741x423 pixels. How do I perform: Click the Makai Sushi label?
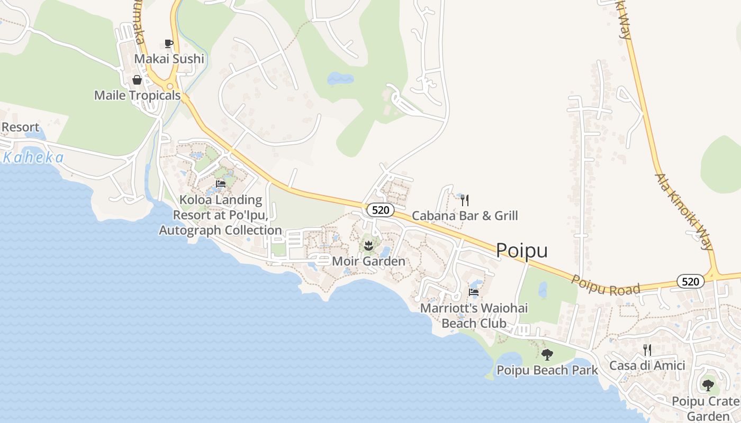point(169,59)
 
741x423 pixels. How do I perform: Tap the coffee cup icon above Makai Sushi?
point(169,43)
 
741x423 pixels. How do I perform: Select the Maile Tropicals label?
point(137,96)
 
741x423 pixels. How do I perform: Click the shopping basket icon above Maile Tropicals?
point(137,80)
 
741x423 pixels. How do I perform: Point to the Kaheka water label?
point(33,158)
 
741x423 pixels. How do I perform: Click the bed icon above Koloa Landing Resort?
point(221,184)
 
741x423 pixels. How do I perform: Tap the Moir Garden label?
point(368,261)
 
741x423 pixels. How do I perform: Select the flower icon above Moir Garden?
point(368,245)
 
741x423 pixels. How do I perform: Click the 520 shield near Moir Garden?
point(380,210)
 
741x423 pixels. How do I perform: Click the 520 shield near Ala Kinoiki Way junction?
point(690,281)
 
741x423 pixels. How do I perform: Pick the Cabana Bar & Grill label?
point(465,216)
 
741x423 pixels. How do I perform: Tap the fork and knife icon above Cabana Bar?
point(465,200)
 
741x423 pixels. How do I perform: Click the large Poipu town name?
point(521,251)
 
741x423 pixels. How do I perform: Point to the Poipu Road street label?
point(606,284)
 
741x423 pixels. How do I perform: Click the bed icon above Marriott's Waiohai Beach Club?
point(474,292)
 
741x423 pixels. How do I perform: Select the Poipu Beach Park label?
point(547,370)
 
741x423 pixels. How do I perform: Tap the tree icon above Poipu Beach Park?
point(547,355)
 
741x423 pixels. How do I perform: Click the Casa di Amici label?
point(647,365)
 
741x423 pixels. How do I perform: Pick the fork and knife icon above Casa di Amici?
point(647,350)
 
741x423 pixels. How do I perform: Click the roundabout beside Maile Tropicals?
point(170,86)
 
